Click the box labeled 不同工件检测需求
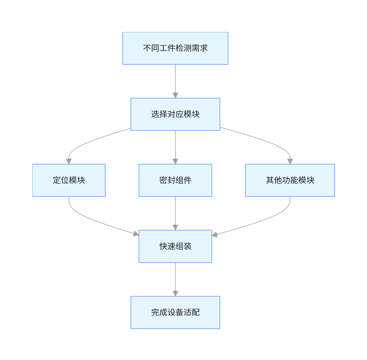(175, 48)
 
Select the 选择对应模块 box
(175, 114)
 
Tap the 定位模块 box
(69, 180)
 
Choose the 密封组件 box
(175, 180)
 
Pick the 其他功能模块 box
(290, 180)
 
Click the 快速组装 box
(175, 246)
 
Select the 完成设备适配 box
(175, 312)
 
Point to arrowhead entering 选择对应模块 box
(175, 95)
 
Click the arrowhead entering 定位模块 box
(69, 161)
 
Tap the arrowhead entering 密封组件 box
(175, 161)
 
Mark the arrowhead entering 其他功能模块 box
(290, 161)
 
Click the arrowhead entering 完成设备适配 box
(175, 294)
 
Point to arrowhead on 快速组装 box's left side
(136, 234)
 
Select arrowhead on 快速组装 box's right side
(215, 235)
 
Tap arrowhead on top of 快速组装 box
(175, 228)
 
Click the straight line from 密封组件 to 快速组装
(175, 211)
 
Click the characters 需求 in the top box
(200, 48)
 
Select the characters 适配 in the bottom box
(192, 312)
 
